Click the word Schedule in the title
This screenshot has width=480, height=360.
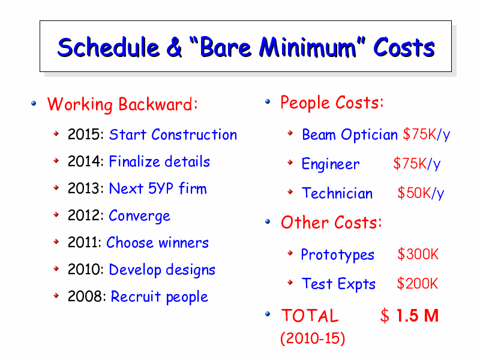[109, 47]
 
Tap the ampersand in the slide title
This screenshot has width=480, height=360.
[174, 47]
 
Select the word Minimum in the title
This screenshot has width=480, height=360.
[308, 47]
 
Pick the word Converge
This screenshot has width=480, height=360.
[140, 216]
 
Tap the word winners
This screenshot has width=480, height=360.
[184, 242]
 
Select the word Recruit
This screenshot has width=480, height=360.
[136, 296]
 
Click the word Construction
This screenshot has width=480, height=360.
[194, 134]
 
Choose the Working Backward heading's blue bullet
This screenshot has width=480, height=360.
[34, 103]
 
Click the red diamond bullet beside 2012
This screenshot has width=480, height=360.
[56, 214]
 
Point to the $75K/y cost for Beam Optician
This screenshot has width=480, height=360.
[427, 134]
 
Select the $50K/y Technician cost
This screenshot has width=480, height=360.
[421, 193]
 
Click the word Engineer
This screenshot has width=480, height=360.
[331, 164]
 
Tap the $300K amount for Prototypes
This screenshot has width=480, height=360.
[418, 254]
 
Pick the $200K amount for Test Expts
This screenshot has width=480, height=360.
[417, 283]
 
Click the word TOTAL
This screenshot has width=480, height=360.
[310, 316]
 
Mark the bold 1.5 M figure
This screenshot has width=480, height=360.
[418, 316]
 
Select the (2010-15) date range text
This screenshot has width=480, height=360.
[313, 338]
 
